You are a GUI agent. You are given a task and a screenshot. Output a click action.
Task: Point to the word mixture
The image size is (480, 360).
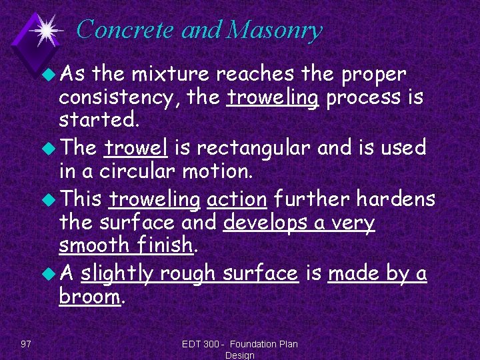pos(167,73)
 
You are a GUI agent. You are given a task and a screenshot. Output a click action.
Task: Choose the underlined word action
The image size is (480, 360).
pos(237,198)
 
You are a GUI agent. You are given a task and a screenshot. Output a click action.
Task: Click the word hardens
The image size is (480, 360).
pos(395,198)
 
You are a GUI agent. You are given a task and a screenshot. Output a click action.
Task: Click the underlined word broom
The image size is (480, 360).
pos(89,297)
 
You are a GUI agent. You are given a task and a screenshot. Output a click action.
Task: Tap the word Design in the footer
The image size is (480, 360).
pos(240,355)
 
